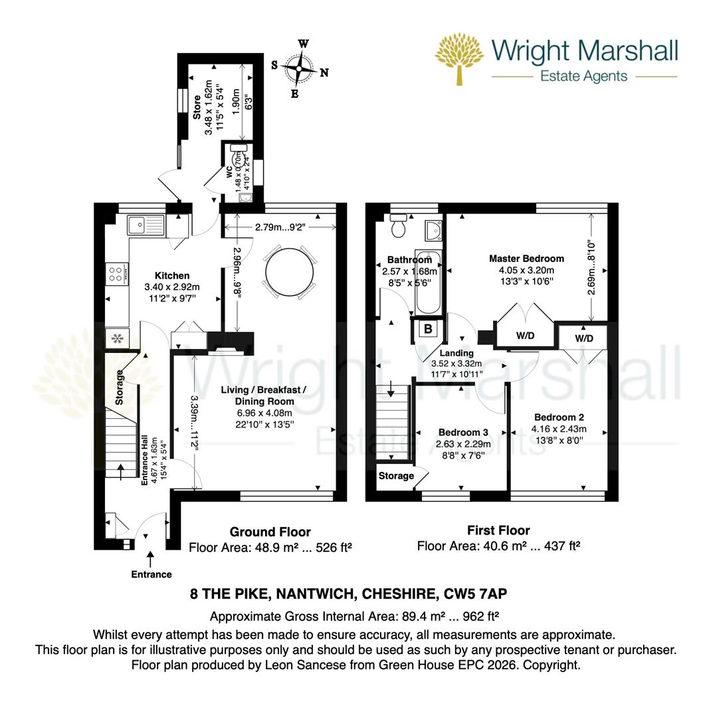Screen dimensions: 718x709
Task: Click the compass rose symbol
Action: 300,68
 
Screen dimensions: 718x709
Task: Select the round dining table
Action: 289,271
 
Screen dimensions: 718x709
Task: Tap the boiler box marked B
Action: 428,329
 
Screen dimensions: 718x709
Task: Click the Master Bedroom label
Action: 526,259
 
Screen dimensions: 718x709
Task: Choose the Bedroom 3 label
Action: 463,432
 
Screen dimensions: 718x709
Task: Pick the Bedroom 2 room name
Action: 559,418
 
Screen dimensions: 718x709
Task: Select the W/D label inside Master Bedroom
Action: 525,336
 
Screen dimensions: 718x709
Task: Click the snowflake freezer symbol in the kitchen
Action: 117,339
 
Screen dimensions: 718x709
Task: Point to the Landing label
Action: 456,353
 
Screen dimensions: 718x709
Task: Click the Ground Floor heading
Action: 270,532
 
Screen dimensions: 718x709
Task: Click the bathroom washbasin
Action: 433,230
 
